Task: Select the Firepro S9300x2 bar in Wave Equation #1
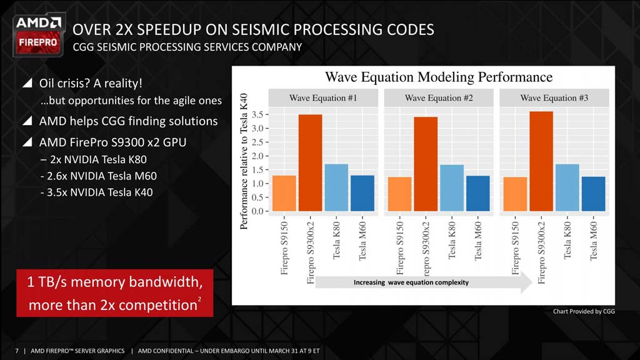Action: click(x=310, y=162)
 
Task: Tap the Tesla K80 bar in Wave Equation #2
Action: click(x=452, y=187)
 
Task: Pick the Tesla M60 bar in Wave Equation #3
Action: click(x=594, y=194)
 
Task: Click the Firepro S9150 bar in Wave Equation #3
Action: click(x=516, y=194)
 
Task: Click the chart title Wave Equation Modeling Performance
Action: click(x=439, y=77)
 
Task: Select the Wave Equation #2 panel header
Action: click(x=438, y=98)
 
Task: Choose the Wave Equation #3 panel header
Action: click(x=554, y=98)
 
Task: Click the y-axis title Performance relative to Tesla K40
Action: click(x=245, y=161)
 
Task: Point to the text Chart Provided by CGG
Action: click(x=584, y=311)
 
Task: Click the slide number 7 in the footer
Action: click(x=17, y=351)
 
